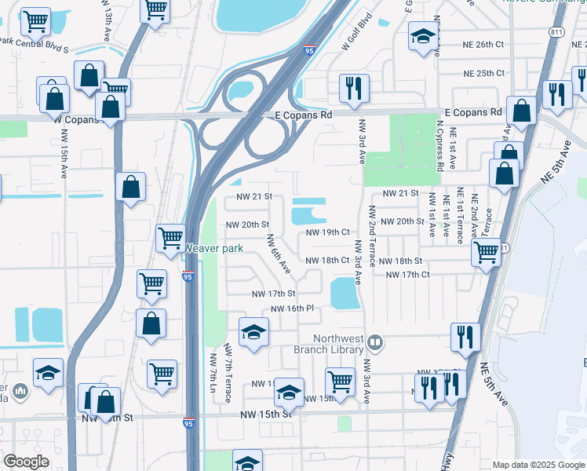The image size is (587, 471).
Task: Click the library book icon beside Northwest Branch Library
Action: pos(376,342)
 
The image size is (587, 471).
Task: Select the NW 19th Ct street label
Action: pos(327,232)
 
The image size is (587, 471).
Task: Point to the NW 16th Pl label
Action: pos(292,309)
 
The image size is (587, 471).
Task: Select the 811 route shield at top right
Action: pos(556,32)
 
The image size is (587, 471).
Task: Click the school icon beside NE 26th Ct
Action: pos(423,36)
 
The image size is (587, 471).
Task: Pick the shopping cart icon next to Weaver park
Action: pos(170,237)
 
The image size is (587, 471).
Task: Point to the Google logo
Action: pos(27,462)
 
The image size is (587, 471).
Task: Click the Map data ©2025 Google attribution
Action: pos(538,465)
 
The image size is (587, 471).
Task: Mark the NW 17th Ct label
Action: pos(408,275)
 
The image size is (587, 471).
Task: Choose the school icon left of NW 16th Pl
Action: pos(253,333)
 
